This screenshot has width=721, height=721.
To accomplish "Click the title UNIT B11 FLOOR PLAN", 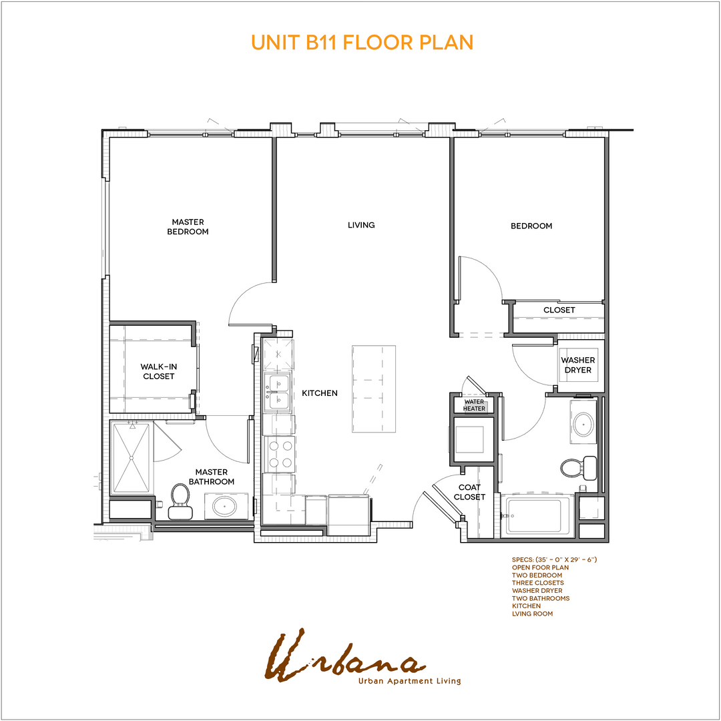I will (x=362, y=42).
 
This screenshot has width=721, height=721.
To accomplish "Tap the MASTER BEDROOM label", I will (x=188, y=227).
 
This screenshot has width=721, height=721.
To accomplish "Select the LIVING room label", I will (x=361, y=225).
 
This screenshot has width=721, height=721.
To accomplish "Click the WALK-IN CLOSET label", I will (x=158, y=371).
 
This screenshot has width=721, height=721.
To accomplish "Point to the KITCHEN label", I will (x=320, y=393).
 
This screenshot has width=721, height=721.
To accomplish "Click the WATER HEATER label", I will (x=474, y=405).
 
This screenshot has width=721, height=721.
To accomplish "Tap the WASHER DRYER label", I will (x=577, y=365).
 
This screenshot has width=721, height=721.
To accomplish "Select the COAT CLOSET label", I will (x=469, y=492).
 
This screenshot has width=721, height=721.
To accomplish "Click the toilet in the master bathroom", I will (x=180, y=500).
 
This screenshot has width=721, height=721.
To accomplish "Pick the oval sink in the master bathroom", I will (x=224, y=507).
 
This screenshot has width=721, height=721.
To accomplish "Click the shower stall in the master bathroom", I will (x=132, y=458).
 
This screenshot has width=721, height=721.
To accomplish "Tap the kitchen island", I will (x=374, y=389).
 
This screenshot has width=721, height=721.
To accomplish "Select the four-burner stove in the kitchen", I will (x=278, y=453).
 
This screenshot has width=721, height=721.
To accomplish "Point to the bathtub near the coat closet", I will (x=537, y=515).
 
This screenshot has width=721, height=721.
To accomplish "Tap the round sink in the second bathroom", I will (x=584, y=423).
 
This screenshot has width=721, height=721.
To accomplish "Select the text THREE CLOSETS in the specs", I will (x=537, y=583).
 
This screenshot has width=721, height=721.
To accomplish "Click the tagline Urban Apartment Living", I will (x=409, y=681).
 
